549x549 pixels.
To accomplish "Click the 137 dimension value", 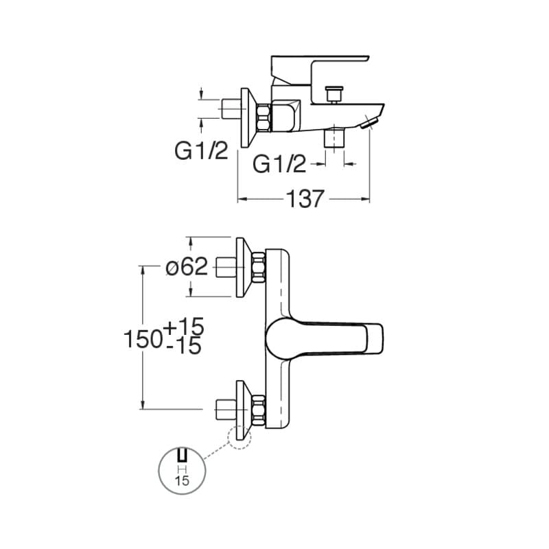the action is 305,199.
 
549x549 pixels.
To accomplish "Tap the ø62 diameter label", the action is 187,267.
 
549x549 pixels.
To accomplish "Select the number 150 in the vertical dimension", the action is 143,339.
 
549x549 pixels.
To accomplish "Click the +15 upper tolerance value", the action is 183,327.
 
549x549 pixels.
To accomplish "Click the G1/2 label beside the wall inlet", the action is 201,151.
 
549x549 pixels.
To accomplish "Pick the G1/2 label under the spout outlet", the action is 279,164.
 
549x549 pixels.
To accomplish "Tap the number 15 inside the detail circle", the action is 182,480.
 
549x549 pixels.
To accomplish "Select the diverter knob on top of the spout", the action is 334,94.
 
